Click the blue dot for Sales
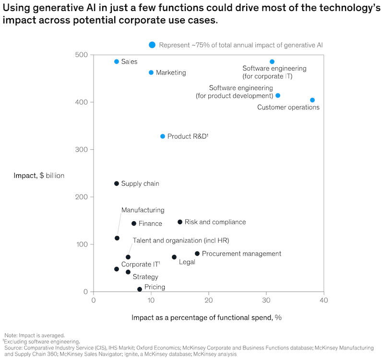[x=117, y=62]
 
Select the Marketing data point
[x=151, y=72]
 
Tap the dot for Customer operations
[x=312, y=100]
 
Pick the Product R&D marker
[x=163, y=136]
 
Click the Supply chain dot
[x=117, y=183]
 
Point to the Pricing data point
[x=140, y=289]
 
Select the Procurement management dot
[x=197, y=253]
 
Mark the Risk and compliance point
[x=180, y=222]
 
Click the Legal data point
[x=174, y=257]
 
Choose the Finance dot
[x=134, y=223]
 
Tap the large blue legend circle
[x=152, y=45]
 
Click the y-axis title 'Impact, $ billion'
[x=39, y=175]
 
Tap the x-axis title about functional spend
[x=206, y=318]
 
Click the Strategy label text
[x=145, y=277]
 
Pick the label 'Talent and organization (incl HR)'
[x=181, y=240]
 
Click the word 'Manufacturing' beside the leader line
[x=143, y=210]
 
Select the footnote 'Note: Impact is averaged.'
[x=35, y=335]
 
